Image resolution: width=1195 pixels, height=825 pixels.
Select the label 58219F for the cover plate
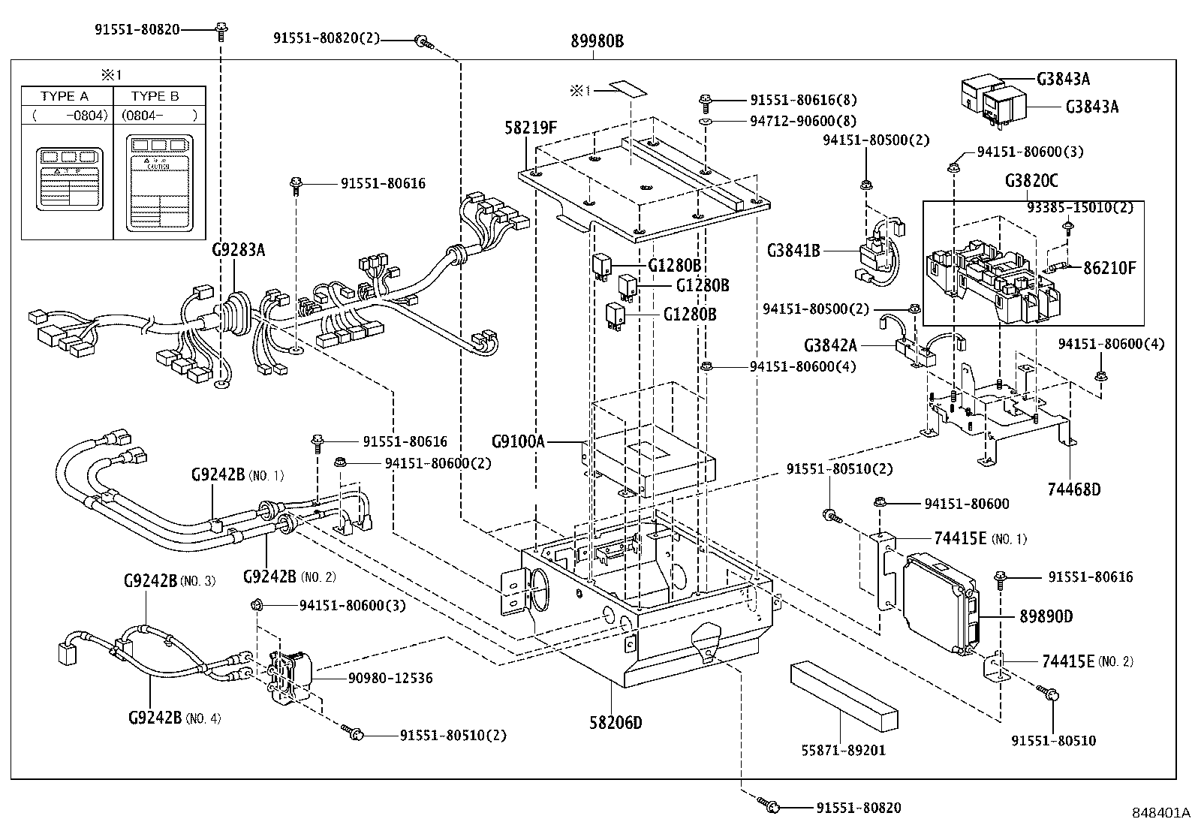531,128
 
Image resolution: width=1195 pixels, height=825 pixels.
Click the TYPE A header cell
65,96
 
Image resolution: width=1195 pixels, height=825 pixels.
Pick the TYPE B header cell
155,96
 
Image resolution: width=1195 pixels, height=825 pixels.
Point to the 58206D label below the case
616,723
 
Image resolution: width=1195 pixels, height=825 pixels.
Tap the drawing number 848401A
1161,813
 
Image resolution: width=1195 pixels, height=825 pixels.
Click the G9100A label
518,441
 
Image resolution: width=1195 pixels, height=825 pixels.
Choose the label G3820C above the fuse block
1033,182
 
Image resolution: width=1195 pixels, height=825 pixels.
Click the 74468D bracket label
1073,489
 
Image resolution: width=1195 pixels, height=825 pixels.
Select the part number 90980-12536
390,678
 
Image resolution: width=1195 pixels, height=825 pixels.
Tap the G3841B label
793,251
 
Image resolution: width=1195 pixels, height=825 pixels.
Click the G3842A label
830,346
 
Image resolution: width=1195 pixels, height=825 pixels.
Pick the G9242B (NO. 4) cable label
173,717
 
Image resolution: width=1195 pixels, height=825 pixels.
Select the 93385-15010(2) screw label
1080,207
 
